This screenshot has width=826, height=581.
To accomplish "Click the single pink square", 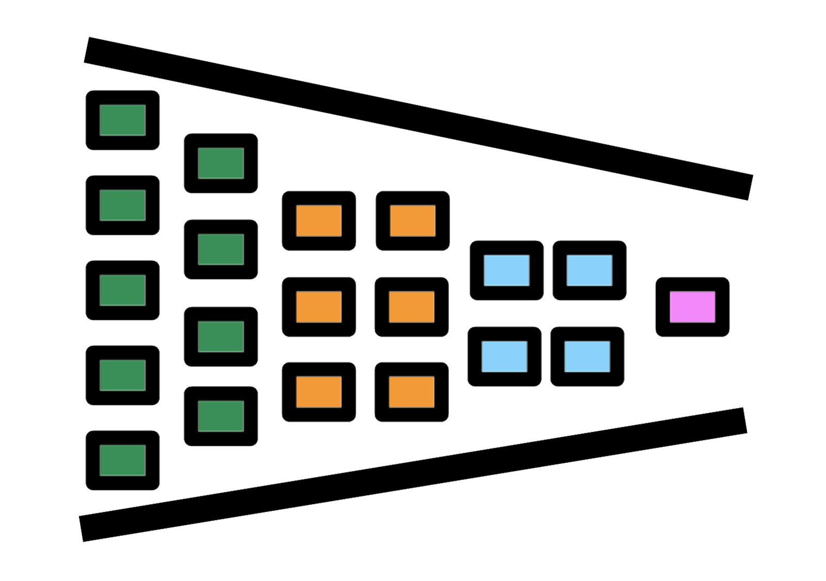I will coord(692,307).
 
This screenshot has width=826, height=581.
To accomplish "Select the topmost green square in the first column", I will coord(122,120).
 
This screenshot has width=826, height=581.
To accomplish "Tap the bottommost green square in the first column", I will coord(122,460).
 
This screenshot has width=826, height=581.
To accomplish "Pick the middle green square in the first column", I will coord(122,290).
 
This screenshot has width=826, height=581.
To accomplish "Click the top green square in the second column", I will coord(220,163).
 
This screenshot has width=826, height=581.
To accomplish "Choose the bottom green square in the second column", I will coord(220,416).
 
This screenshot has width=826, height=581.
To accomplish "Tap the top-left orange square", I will coord(319,221).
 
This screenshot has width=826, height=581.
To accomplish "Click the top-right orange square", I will coord(412,221).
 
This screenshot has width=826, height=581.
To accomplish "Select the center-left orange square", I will coord(319,307).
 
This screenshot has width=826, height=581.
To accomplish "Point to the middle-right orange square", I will coord(411,307).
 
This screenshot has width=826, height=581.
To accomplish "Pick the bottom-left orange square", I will coord(319,392).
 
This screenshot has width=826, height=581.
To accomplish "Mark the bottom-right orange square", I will coord(411,392).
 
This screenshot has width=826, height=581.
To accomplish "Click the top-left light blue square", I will coord(506,270).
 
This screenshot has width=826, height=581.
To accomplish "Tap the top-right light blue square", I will coord(589,270).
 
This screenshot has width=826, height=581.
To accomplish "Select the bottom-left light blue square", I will coord(504,356).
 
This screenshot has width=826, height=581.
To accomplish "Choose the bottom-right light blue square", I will coord(587,356).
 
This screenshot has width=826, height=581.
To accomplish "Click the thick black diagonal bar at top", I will coord(418,118).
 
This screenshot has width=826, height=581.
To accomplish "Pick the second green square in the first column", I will coord(122,205).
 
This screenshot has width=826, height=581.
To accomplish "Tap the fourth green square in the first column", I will coord(122,375).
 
